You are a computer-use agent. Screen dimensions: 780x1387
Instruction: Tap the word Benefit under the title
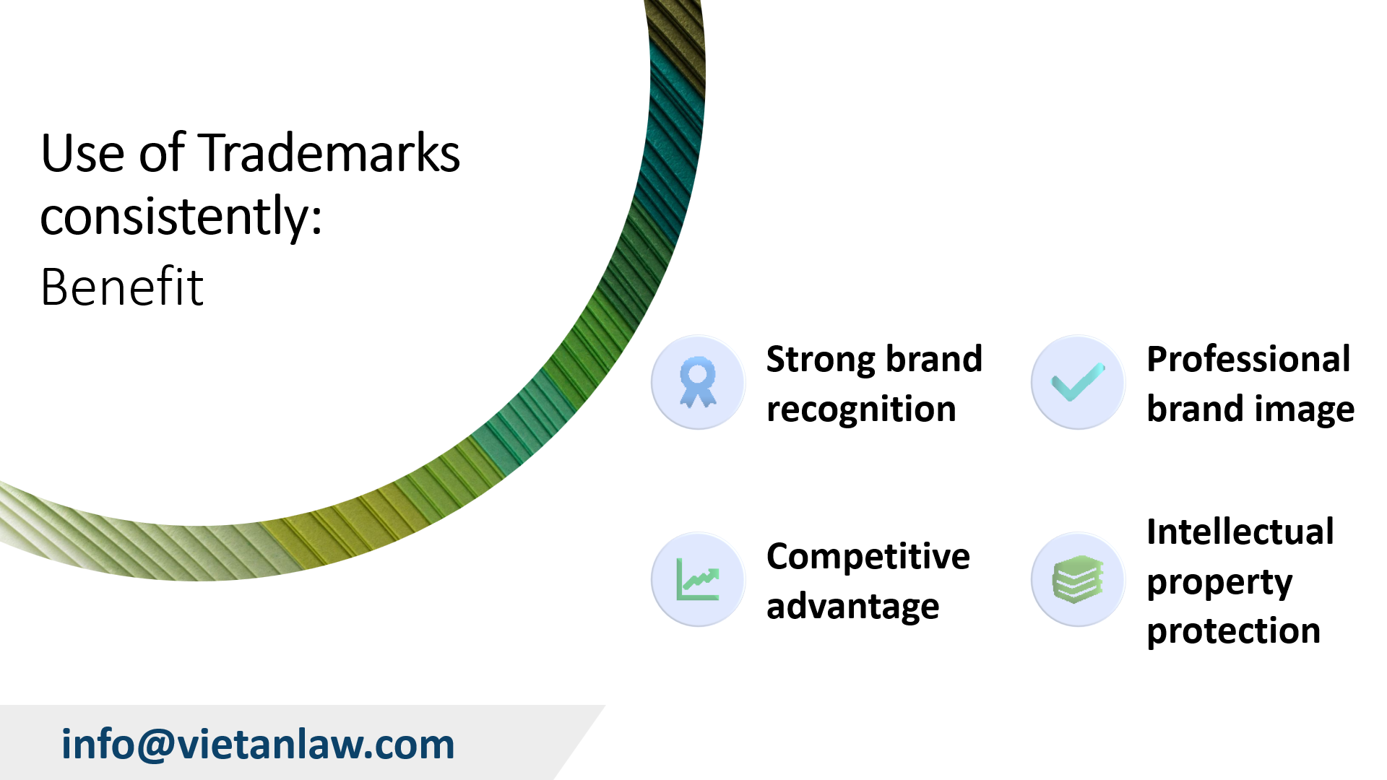(121, 287)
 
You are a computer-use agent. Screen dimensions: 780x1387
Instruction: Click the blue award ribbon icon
(698, 382)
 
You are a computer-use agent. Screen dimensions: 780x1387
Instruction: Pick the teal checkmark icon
(1078, 382)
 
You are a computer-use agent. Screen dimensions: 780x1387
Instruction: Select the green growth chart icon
(698, 579)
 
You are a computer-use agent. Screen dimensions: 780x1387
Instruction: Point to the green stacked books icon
(1078, 579)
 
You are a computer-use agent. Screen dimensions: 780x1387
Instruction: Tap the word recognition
(861, 409)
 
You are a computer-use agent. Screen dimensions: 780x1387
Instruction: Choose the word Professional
(1248, 359)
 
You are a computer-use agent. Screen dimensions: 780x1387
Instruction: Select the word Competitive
(868, 556)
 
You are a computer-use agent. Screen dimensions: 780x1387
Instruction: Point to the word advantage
(852, 606)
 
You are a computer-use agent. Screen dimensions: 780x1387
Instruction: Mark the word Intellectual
(1240, 532)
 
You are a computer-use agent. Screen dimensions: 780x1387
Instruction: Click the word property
(1219, 582)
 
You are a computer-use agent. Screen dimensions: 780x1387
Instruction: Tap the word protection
(1233, 631)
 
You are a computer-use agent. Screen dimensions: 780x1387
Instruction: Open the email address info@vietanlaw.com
(258, 744)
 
